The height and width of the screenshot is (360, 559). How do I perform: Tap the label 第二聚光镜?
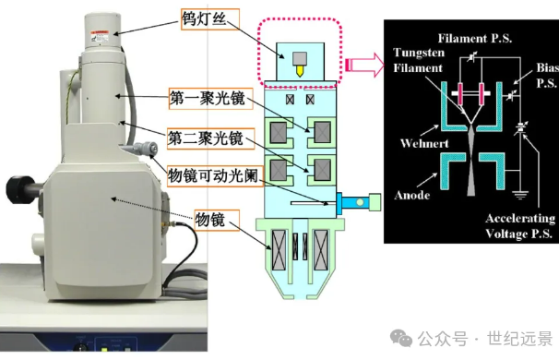(x=205, y=139)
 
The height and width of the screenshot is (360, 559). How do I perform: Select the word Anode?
(x=415, y=196)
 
